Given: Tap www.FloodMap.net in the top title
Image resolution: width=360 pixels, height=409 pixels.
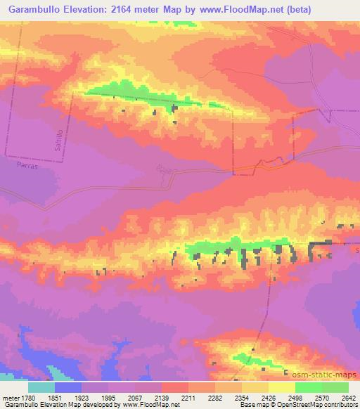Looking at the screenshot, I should click(229, 8).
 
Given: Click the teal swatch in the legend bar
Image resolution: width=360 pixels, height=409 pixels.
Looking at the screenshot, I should click(41, 387).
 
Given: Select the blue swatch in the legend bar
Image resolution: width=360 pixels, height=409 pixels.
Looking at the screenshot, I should click(68, 387).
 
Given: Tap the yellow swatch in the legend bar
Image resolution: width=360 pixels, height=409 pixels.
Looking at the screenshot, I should click(281, 387).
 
